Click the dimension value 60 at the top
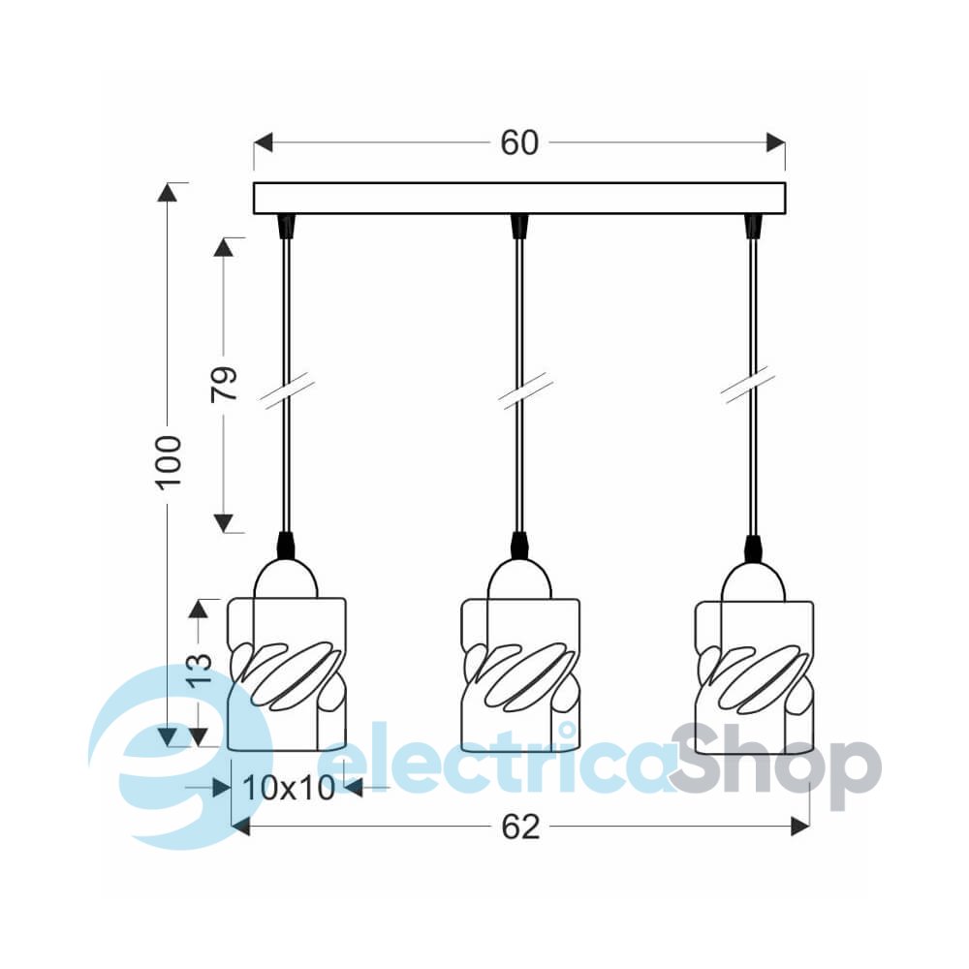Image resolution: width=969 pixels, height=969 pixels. tap(519, 142)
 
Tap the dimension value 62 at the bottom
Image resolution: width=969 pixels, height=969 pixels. tap(520, 827)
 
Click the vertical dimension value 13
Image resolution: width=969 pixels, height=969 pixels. tap(199, 671)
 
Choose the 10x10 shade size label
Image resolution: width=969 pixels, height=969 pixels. tap(289, 788)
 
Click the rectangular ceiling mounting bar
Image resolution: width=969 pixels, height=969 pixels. tap(519, 199)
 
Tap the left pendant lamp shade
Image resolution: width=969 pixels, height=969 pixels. tap(287, 674)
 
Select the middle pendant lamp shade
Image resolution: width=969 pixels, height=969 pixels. tap(520, 674)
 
